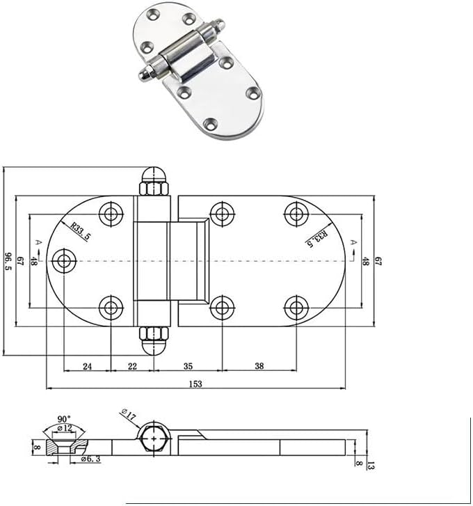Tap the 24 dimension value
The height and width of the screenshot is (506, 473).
[88, 365]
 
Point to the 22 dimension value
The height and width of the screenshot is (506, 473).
[132, 365]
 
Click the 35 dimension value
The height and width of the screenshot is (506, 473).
[188, 365]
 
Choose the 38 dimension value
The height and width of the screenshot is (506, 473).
[259, 365]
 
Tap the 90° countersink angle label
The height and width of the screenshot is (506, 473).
[63, 419]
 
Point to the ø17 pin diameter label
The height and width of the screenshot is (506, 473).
[127, 415]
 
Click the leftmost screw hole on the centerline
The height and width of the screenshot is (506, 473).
[65, 261]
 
